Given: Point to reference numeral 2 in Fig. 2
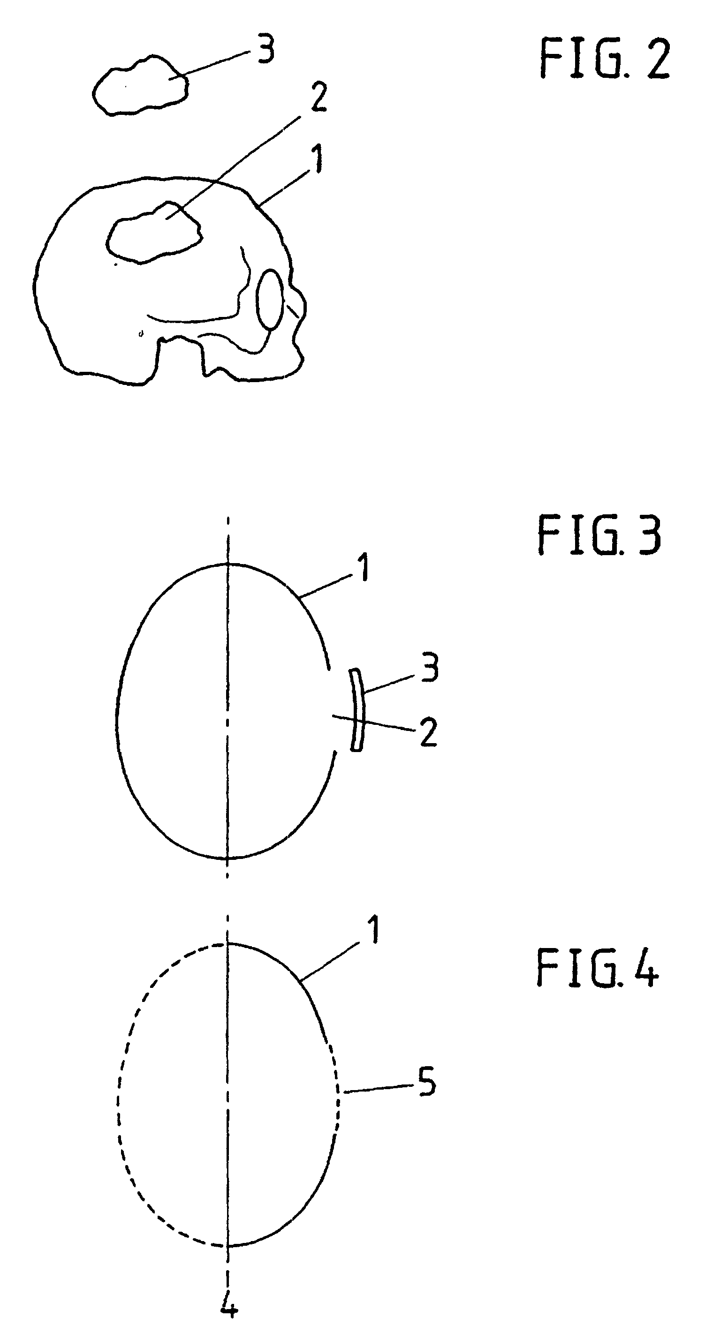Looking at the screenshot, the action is pos(318,98).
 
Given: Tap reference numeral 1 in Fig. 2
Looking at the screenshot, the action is pos(318,158).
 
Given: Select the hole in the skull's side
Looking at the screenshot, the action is pos(153,234).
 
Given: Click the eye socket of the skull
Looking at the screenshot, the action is pos(271,300).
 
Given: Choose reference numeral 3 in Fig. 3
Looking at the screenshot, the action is pos(429,669).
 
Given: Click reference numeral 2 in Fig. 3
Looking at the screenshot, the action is pos(428,733).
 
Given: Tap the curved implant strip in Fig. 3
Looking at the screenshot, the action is pos(357,709).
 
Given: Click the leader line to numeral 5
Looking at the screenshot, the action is pos(379,1089).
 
